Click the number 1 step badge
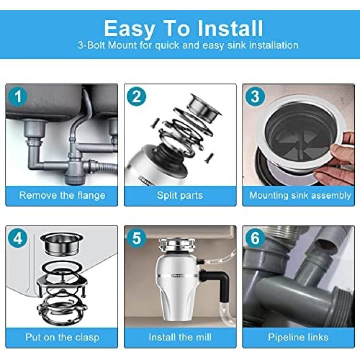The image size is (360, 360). click(18, 96)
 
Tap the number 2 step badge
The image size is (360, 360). click(136, 96)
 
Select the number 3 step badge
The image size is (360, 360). click(255, 96)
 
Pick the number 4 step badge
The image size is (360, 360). click(18, 238)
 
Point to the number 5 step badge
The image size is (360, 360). click(136, 238)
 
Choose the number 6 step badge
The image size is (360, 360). click(255, 238)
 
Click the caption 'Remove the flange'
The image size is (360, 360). click(62, 195)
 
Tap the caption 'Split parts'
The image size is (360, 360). click(180, 195)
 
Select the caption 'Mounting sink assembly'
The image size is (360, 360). click(300, 195)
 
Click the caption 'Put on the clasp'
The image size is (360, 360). click(62, 337)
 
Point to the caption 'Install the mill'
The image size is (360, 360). click(180, 337)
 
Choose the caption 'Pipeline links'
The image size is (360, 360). click(298, 337)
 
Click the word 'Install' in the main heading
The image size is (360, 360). click(230, 28)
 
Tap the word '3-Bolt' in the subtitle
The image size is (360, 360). click(92, 45)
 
